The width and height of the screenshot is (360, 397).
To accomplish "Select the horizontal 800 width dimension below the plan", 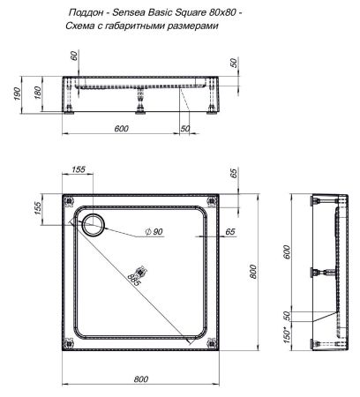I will coord(139,379).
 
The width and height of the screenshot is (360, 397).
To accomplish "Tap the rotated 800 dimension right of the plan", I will coord(252,272).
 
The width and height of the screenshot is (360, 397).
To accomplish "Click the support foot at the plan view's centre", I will coord(137,272).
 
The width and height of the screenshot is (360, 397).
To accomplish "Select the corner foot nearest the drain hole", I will coord(68,202).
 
